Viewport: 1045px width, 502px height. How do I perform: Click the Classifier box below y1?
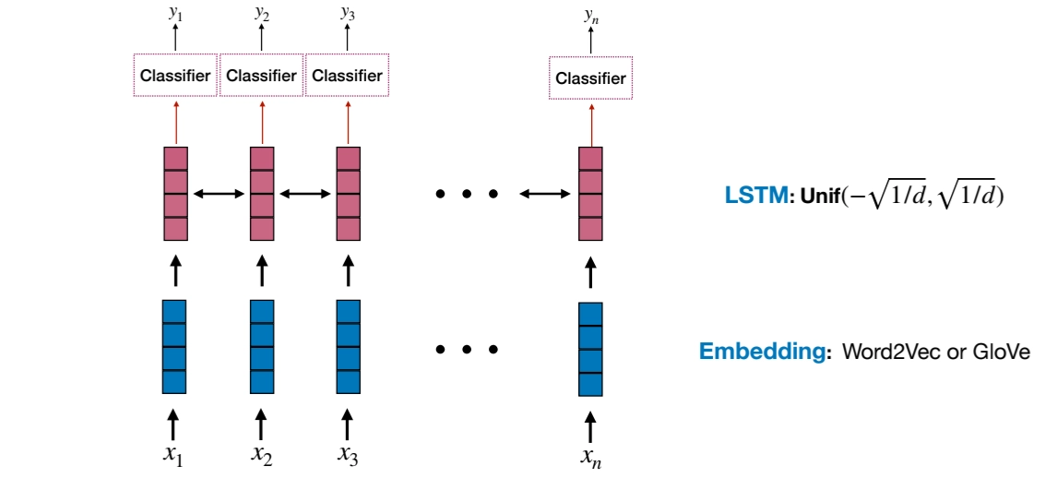pyautogui.click(x=175, y=76)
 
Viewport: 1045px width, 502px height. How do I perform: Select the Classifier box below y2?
pyautogui.click(x=262, y=76)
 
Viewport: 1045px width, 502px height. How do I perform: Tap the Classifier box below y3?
pyautogui.click(x=347, y=76)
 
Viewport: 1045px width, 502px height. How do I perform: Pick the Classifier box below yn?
pyautogui.click(x=590, y=78)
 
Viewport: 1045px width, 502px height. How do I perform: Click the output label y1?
pyautogui.click(x=174, y=13)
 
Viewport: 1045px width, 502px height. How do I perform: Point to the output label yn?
pyautogui.click(x=590, y=15)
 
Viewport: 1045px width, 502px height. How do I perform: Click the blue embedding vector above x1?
pyautogui.click(x=174, y=345)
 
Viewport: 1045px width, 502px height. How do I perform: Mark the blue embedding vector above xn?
pyautogui.click(x=590, y=349)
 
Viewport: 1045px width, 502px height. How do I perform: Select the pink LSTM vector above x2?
pyautogui.click(x=262, y=193)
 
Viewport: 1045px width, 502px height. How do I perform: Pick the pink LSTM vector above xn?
pyautogui.click(x=590, y=193)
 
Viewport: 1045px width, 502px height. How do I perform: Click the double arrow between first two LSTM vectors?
pyautogui.click(x=219, y=194)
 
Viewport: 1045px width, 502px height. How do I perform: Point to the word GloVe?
pyautogui.click(x=1001, y=352)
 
